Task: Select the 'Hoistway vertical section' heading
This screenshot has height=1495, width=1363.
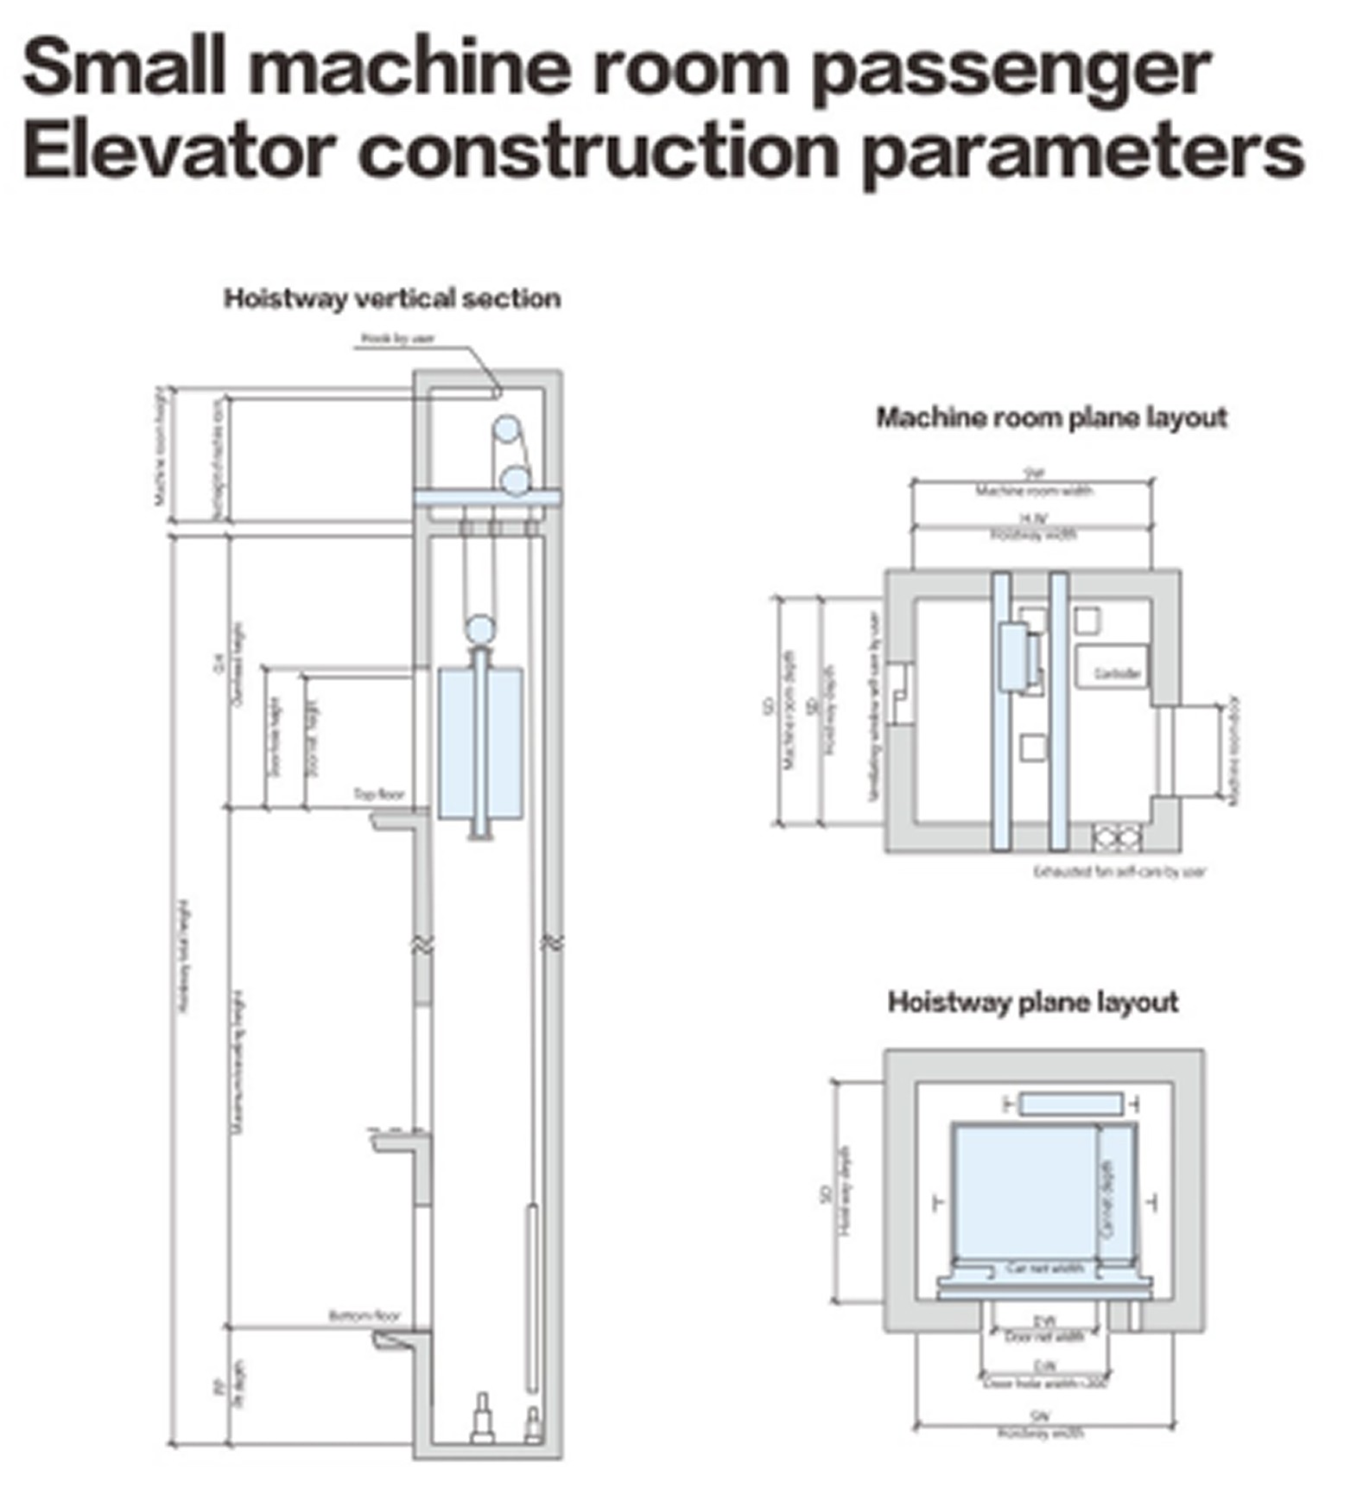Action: click(x=392, y=298)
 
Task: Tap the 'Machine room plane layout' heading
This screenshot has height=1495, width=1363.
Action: click(x=1051, y=417)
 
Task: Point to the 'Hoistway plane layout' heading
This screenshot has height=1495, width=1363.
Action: click(x=1032, y=1002)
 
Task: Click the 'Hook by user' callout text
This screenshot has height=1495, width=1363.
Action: click(x=396, y=339)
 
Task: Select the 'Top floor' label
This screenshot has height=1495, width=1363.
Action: click(x=378, y=793)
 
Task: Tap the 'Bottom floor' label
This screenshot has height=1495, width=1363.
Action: click(x=365, y=1316)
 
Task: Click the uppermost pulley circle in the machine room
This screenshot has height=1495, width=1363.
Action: click(x=507, y=429)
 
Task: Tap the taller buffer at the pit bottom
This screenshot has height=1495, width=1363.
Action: click(x=482, y=1417)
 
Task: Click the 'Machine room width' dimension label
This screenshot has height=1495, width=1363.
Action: click(x=1033, y=491)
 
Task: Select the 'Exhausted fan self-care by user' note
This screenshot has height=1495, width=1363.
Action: click(x=1119, y=871)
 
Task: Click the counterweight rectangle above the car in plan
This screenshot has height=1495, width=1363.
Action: click(x=1071, y=1104)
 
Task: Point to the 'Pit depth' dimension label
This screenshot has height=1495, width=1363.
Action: click(x=238, y=1384)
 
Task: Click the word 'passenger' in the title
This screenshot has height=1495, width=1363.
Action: click(x=1011, y=69)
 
